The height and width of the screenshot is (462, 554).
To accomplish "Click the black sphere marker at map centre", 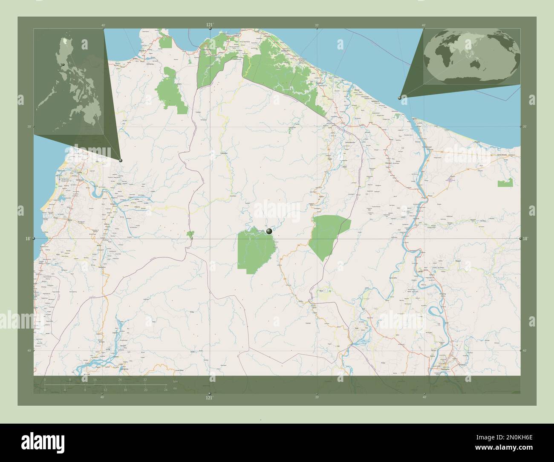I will pos(269,231).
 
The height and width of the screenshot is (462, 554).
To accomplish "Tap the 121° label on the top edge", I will pos(209,25).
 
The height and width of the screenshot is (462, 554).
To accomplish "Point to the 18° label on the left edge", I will pos(27,239).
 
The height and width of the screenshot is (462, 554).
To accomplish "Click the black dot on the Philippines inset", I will pos(63,65).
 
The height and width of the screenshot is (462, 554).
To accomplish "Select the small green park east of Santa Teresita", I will pos(505,184).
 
